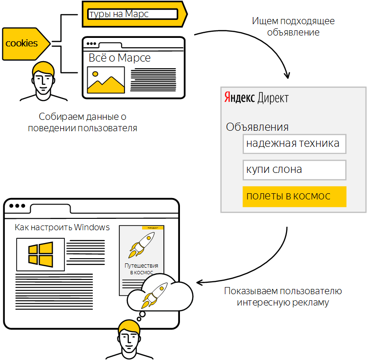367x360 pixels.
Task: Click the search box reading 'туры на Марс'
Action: (133, 14)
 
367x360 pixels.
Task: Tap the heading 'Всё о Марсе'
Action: (119, 58)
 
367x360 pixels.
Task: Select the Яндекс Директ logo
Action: (256, 98)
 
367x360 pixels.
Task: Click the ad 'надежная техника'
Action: (294, 144)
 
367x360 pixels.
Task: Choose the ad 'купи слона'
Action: (294, 170)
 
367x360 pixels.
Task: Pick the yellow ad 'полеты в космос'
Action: (294, 196)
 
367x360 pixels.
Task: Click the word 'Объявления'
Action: (257, 127)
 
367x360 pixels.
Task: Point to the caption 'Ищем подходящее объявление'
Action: (293, 27)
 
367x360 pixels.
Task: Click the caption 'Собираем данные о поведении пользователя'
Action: (82, 122)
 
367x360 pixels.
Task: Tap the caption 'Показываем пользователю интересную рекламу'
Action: (283, 297)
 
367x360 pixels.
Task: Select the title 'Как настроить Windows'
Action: (62, 227)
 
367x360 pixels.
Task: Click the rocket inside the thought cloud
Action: (156, 294)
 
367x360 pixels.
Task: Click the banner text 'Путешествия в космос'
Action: (141, 269)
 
